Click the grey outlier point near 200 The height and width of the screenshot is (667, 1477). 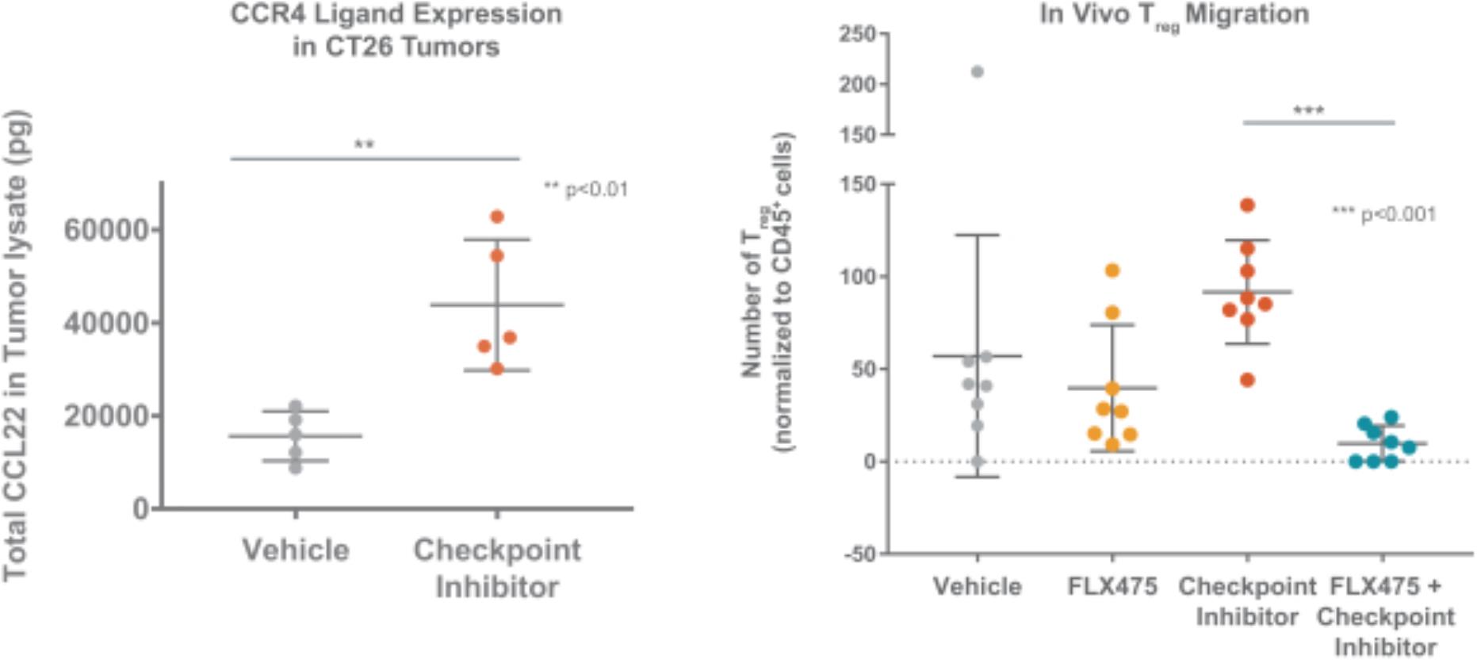tap(977, 72)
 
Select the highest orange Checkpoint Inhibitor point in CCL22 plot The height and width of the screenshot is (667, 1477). tap(497, 217)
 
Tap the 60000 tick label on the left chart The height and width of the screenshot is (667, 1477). tap(106, 230)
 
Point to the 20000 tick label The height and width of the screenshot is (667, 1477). tap(106, 416)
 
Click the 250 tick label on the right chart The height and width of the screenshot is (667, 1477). tap(857, 34)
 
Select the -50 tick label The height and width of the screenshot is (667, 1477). tap(860, 554)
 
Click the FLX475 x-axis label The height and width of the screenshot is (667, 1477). tap(1112, 587)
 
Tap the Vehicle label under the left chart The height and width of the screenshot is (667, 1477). tap(296, 550)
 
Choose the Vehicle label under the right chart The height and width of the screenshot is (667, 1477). tap(977, 587)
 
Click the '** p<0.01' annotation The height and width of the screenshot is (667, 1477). tap(585, 190)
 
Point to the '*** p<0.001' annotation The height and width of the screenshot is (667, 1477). tap(1383, 214)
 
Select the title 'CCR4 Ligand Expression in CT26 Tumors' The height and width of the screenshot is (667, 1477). tap(396, 30)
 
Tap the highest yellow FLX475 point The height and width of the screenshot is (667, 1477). tap(1112, 271)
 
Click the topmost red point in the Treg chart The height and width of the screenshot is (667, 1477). tap(1247, 205)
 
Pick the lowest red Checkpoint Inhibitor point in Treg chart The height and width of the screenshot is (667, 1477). tap(1247, 381)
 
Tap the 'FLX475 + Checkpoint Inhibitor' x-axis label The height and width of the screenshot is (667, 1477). tap(1385, 617)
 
